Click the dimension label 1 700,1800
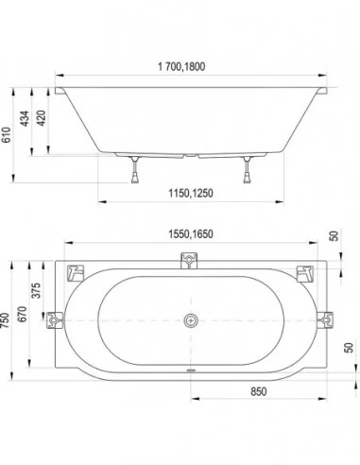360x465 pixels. click(x=181, y=66)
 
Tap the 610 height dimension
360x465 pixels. click(x=7, y=135)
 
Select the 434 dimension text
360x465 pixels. click(x=25, y=118)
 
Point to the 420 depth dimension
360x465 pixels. click(x=42, y=118)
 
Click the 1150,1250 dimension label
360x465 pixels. click(x=191, y=193)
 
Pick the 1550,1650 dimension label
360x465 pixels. click(x=191, y=234)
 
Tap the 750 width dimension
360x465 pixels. click(x=5, y=320)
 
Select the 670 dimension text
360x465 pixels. click(x=22, y=314)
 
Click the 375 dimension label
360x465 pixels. click(x=37, y=290)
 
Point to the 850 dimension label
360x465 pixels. click(x=259, y=391)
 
